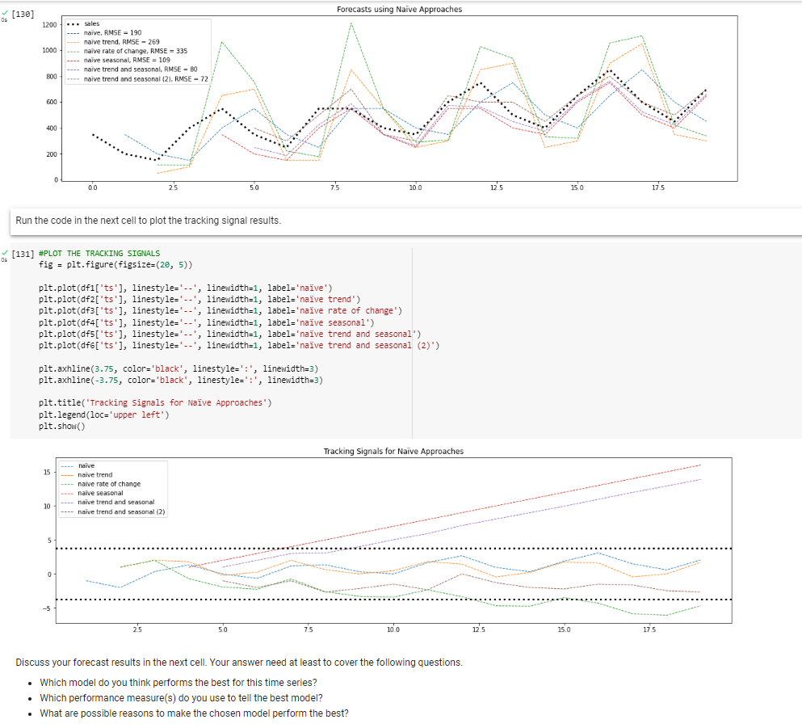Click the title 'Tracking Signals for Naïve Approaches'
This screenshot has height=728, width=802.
tap(393, 451)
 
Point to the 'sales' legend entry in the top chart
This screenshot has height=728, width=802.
tap(91, 24)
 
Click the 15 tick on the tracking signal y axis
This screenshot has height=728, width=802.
tap(48, 472)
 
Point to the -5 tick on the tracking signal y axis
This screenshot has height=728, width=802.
tap(48, 608)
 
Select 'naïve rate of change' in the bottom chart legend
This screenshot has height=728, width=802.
tap(108, 484)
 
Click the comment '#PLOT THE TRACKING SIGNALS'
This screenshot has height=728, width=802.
tap(99, 253)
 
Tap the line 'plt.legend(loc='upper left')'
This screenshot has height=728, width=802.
tap(103, 414)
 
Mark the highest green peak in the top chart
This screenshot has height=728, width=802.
tap(351, 23)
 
